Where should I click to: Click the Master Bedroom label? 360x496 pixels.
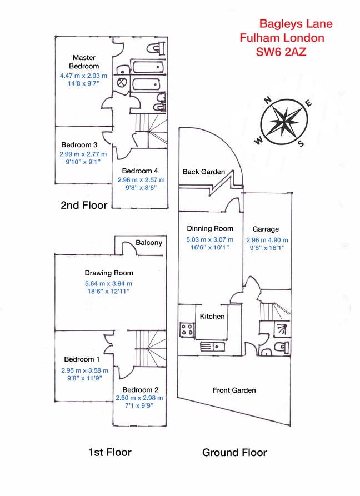coord(84,62)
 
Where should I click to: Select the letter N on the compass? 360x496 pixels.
coord(267,101)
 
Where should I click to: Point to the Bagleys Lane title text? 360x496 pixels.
coord(296,24)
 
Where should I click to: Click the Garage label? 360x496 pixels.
coord(266,229)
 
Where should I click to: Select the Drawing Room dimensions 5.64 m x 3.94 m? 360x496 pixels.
coord(109,282)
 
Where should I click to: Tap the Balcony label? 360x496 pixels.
coord(149,243)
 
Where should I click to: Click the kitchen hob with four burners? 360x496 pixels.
coord(186,328)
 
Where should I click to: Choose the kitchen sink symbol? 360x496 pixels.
coord(212,346)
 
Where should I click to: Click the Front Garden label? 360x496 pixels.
coord(234,390)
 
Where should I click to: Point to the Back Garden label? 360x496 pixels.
coord(203,172)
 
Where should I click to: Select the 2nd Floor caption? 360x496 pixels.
coord(83,205)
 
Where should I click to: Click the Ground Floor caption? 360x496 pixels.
coord(234,453)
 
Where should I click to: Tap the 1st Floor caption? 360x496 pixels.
coord(109,452)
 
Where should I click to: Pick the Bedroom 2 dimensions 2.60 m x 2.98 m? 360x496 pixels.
coord(139,398)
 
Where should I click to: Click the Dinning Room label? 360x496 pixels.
coord(209,228)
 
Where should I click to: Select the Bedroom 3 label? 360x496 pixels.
coord(79,145)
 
